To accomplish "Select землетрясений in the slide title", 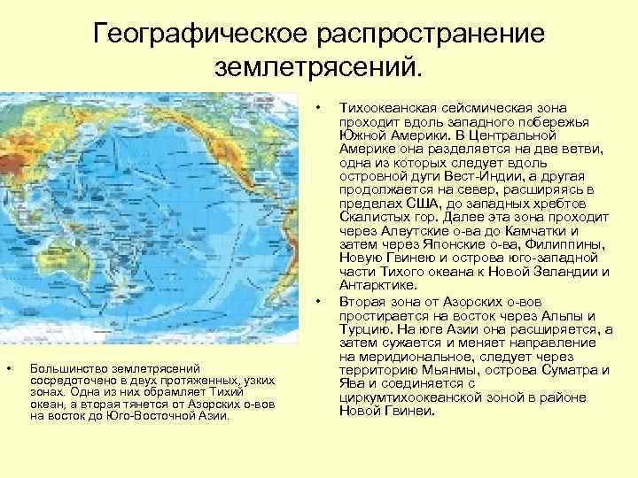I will (321, 67).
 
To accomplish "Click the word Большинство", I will (66, 367).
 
